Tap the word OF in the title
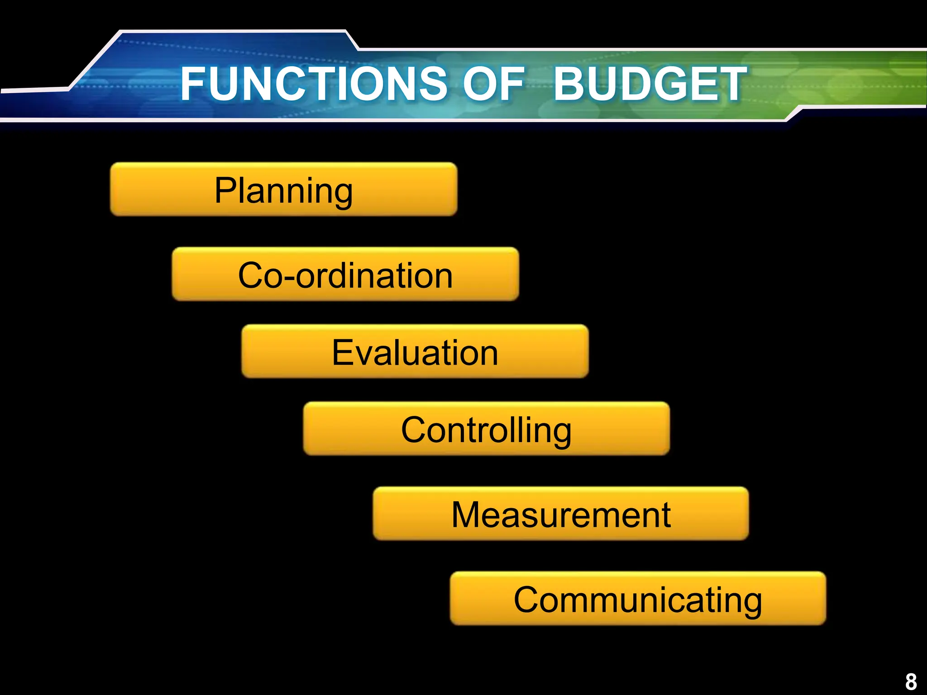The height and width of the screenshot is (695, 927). click(493, 84)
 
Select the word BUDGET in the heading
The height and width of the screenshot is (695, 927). click(650, 84)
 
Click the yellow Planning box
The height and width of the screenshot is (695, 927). click(283, 189)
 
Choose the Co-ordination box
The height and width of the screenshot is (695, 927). click(345, 274)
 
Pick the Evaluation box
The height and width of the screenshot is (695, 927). click(415, 352)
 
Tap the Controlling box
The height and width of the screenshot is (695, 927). click(486, 428)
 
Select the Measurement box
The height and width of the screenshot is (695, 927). click(560, 514)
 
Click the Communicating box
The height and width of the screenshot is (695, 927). click(638, 599)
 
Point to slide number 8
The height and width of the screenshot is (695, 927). click(911, 681)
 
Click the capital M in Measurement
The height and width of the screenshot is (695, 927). click(466, 514)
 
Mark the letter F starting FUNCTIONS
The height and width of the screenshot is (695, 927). click(192, 84)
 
